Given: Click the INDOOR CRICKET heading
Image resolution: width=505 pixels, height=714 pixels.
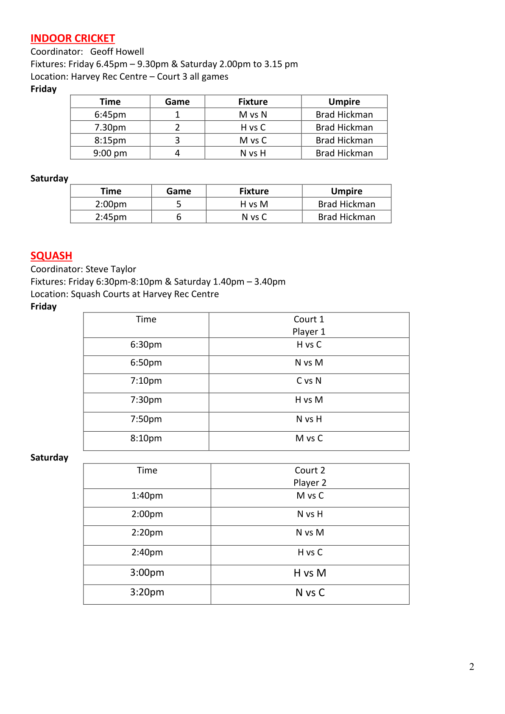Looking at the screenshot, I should pos(73,39).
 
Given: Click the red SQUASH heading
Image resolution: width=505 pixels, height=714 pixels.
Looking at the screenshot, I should pos(51,256).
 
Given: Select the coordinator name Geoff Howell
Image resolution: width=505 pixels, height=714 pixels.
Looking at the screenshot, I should pos(117,52).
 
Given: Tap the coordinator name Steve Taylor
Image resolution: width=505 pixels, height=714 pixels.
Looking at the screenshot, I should pos(111,269).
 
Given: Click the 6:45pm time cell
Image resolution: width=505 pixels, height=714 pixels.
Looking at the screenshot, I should pos(110,114).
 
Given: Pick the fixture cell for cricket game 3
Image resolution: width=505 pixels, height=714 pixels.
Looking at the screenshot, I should pos(253,140).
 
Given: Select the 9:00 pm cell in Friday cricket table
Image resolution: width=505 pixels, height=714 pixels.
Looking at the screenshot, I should pos(110,153).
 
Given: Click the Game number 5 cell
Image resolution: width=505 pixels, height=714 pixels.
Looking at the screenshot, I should pos(179,204).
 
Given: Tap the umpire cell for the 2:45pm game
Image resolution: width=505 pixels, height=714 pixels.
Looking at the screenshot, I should pos(346,217).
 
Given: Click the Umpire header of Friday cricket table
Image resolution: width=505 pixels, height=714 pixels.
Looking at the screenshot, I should pos(344,102).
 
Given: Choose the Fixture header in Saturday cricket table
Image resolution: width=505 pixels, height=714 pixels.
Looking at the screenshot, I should pos(254,191).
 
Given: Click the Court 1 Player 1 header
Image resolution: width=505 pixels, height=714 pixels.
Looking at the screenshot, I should pos(309,325).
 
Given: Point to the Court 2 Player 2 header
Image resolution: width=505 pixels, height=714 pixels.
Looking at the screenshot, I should pos(310,476).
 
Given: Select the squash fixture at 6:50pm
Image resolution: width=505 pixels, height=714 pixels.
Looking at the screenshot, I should pos(309,363).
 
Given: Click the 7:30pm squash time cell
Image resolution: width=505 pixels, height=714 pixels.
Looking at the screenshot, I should pos(146,400).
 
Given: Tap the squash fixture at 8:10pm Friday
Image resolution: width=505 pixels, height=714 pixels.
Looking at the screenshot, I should pos(309,438).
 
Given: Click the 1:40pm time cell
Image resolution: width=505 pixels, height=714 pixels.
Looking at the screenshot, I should pos(147,496).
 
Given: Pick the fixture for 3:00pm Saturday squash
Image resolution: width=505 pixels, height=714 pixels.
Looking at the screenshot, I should pos(310,573).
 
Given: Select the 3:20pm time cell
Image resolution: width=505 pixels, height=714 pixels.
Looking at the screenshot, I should pos(147,592).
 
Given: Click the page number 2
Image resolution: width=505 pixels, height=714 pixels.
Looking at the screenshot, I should pos(472,667).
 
